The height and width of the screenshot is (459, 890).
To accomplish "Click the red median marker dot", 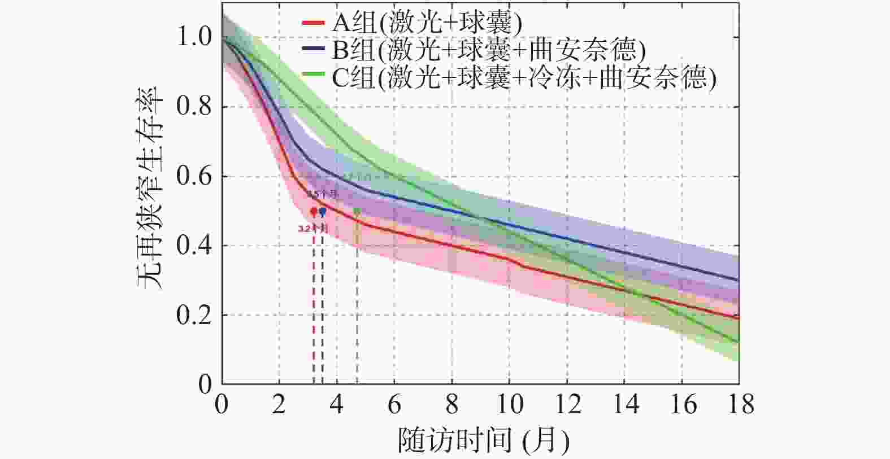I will point(314,212).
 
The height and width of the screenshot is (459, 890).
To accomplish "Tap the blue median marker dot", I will point(322,212).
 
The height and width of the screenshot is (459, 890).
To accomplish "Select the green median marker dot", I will point(357,211).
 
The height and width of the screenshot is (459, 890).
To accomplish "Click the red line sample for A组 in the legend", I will point(313,23).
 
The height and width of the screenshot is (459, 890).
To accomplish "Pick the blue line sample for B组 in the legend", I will point(313,50).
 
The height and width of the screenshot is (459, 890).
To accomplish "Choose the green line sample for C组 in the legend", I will point(313,75).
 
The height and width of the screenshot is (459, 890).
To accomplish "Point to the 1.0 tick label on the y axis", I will point(194,37).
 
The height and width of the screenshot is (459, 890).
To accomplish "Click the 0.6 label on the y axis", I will point(194,176).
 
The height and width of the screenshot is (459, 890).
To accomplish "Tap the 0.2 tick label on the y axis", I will point(194,315).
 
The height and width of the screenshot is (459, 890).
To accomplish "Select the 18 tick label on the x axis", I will point(739,405).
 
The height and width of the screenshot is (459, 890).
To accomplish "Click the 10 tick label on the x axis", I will point(509,405).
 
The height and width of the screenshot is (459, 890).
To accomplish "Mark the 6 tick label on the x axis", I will point(394,405).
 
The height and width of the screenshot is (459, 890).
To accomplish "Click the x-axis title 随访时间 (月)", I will point(483,440).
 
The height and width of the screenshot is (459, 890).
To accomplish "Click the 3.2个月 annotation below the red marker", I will point(312,229).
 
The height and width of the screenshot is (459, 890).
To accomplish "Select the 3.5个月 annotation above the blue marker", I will point(322,194).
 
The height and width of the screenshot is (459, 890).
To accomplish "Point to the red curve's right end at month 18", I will point(737,318).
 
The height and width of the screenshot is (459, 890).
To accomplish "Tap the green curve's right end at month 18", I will point(737,342).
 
